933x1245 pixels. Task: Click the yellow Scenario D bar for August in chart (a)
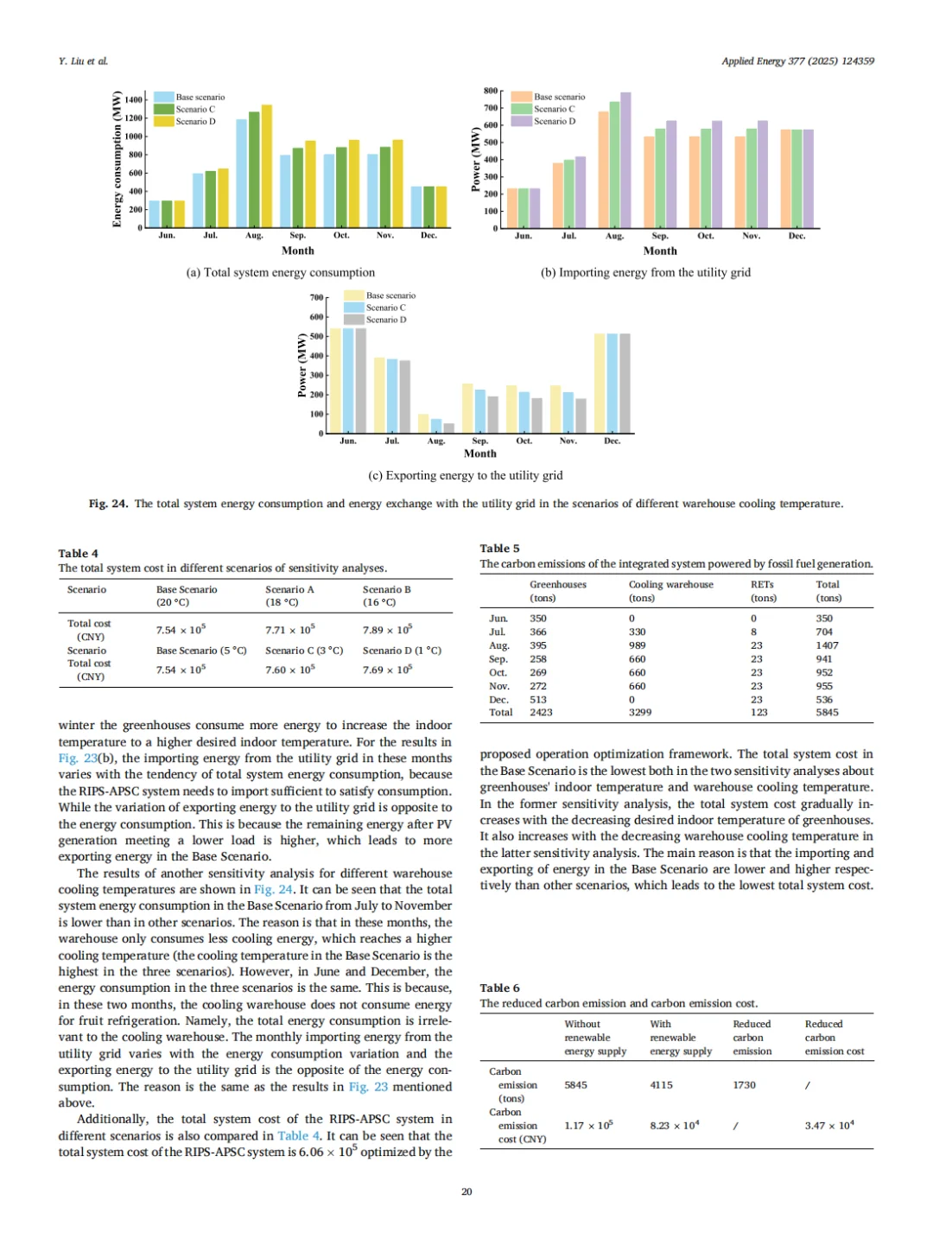coord(267,166)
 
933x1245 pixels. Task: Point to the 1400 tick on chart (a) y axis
coord(134,100)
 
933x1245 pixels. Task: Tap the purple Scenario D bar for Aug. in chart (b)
coord(625,160)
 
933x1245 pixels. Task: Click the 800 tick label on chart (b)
coord(491,91)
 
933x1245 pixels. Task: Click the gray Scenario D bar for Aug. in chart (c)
coord(448,429)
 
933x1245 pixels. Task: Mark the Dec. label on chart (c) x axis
coord(612,441)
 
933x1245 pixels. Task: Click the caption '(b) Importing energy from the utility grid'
coord(645,272)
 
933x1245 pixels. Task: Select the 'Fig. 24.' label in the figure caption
coord(108,504)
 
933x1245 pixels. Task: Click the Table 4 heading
coord(79,554)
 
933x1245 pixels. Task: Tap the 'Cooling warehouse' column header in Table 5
coord(670,585)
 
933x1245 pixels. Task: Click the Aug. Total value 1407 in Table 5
coord(827,645)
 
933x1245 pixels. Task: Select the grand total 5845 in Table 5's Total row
coord(827,713)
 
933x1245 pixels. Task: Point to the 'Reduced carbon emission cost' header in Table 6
coord(834,1038)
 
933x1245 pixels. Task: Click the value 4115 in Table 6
coord(661,1085)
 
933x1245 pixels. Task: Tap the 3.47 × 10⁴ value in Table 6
coord(828,1126)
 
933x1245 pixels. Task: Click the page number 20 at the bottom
coord(466,1191)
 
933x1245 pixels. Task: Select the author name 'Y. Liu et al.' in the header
coord(83,61)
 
